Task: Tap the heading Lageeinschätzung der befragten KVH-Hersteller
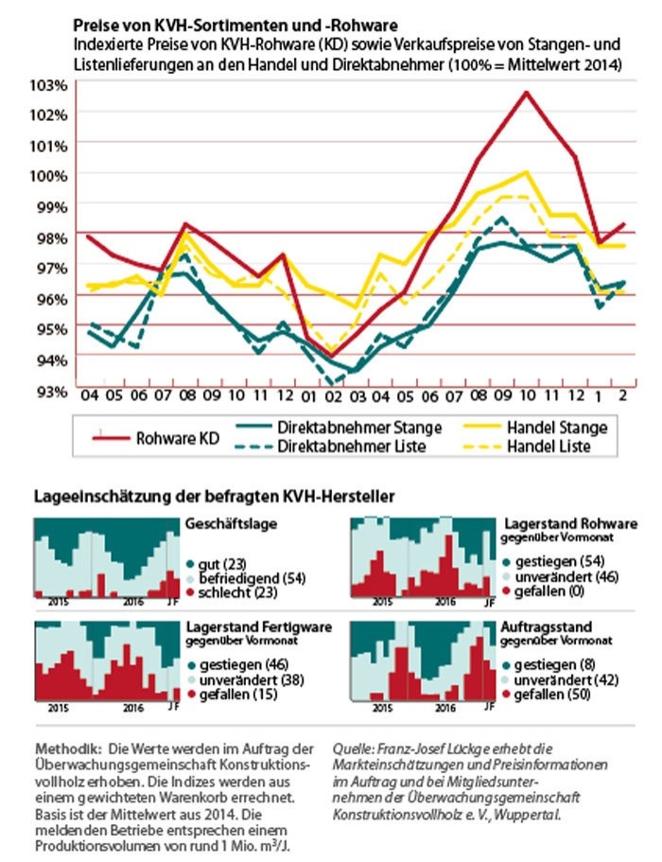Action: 214,496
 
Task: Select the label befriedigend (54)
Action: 242,577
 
